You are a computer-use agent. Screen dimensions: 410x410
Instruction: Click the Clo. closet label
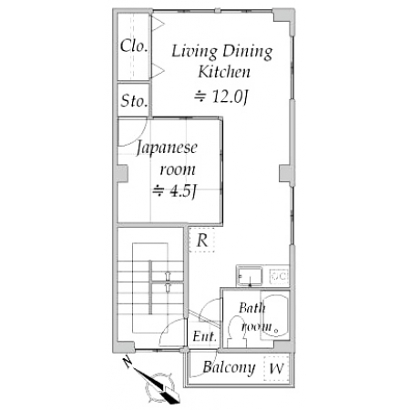(134, 46)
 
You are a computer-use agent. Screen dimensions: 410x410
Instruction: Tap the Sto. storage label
(134, 101)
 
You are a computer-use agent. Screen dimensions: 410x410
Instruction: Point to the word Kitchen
(224, 72)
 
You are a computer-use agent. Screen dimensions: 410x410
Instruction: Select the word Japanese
(167, 149)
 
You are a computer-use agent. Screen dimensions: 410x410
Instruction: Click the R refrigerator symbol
(202, 240)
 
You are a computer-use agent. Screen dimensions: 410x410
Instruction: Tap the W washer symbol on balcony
(276, 368)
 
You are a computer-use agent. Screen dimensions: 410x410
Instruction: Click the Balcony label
(229, 367)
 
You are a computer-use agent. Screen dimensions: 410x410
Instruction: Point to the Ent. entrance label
(205, 336)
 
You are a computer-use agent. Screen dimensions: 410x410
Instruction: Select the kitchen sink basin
(250, 276)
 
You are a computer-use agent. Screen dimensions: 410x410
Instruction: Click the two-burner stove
(279, 276)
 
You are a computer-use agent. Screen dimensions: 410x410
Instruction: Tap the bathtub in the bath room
(274, 314)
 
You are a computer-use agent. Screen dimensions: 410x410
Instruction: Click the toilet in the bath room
(237, 332)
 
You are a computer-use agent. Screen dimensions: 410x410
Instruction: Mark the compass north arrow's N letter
(128, 362)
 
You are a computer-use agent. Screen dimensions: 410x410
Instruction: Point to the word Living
(194, 52)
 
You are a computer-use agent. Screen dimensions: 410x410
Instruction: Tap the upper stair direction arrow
(168, 275)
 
